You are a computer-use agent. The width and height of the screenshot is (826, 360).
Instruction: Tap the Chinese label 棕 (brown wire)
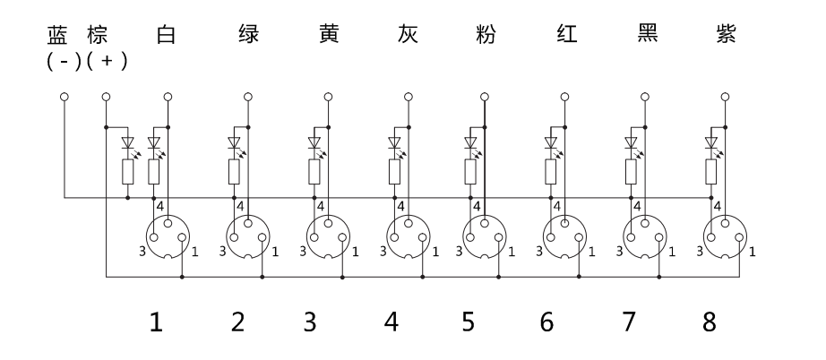click(x=97, y=37)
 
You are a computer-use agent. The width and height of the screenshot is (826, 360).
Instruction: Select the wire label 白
click(x=165, y=37)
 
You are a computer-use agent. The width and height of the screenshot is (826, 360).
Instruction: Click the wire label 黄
click(x=328, y=37)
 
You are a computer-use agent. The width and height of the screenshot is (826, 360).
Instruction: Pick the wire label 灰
click(x=407, y=37)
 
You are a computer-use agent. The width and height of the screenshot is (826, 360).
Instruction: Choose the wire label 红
click(x=565, y=37)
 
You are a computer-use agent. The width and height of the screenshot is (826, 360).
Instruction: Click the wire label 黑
click(x=646, y=37)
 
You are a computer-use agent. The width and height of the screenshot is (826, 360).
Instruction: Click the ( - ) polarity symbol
click(x=65, y=62)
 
